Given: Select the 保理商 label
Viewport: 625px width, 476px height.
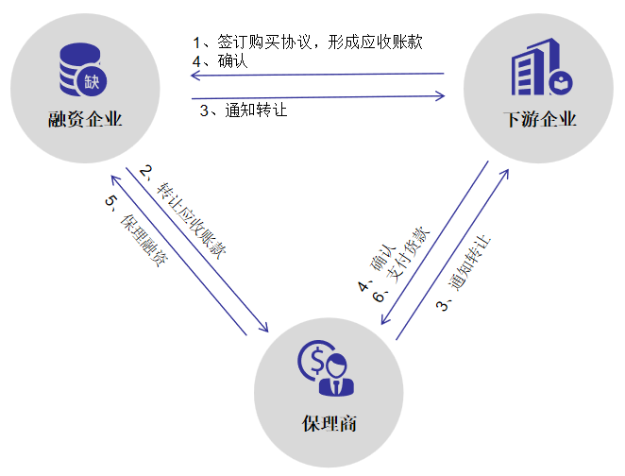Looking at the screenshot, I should click(325, 422).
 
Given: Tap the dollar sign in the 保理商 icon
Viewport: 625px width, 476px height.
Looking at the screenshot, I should click(312, 360).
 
